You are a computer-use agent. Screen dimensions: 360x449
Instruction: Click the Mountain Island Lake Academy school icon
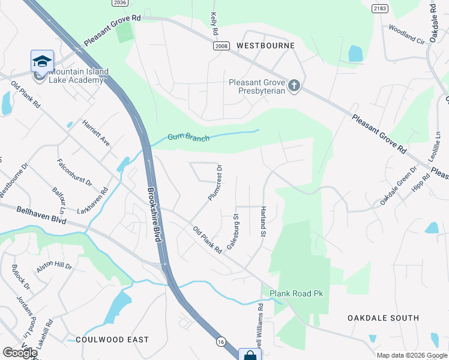42,61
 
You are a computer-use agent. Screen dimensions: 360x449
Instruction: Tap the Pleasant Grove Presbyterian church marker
294,86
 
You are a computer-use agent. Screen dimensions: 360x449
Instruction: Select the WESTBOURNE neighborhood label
265,46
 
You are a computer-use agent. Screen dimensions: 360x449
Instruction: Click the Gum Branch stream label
188,138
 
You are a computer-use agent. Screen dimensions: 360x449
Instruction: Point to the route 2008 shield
221,46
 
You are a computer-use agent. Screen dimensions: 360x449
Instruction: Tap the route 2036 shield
120,3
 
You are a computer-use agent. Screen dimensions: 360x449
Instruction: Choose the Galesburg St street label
233,232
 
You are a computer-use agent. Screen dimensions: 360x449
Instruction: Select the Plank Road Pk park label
297,293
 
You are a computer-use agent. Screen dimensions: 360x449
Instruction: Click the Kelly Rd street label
213,24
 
